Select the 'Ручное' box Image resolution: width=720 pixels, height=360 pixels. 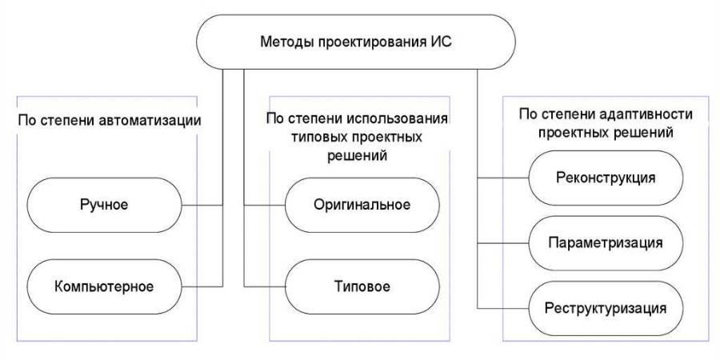pyautogui.click(x=105, y=206)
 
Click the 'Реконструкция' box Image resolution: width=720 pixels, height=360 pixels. pyautogui.click(x=605, y=178)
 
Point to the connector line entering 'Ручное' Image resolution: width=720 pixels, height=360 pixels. pyautogui.click(x=203, y=206)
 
